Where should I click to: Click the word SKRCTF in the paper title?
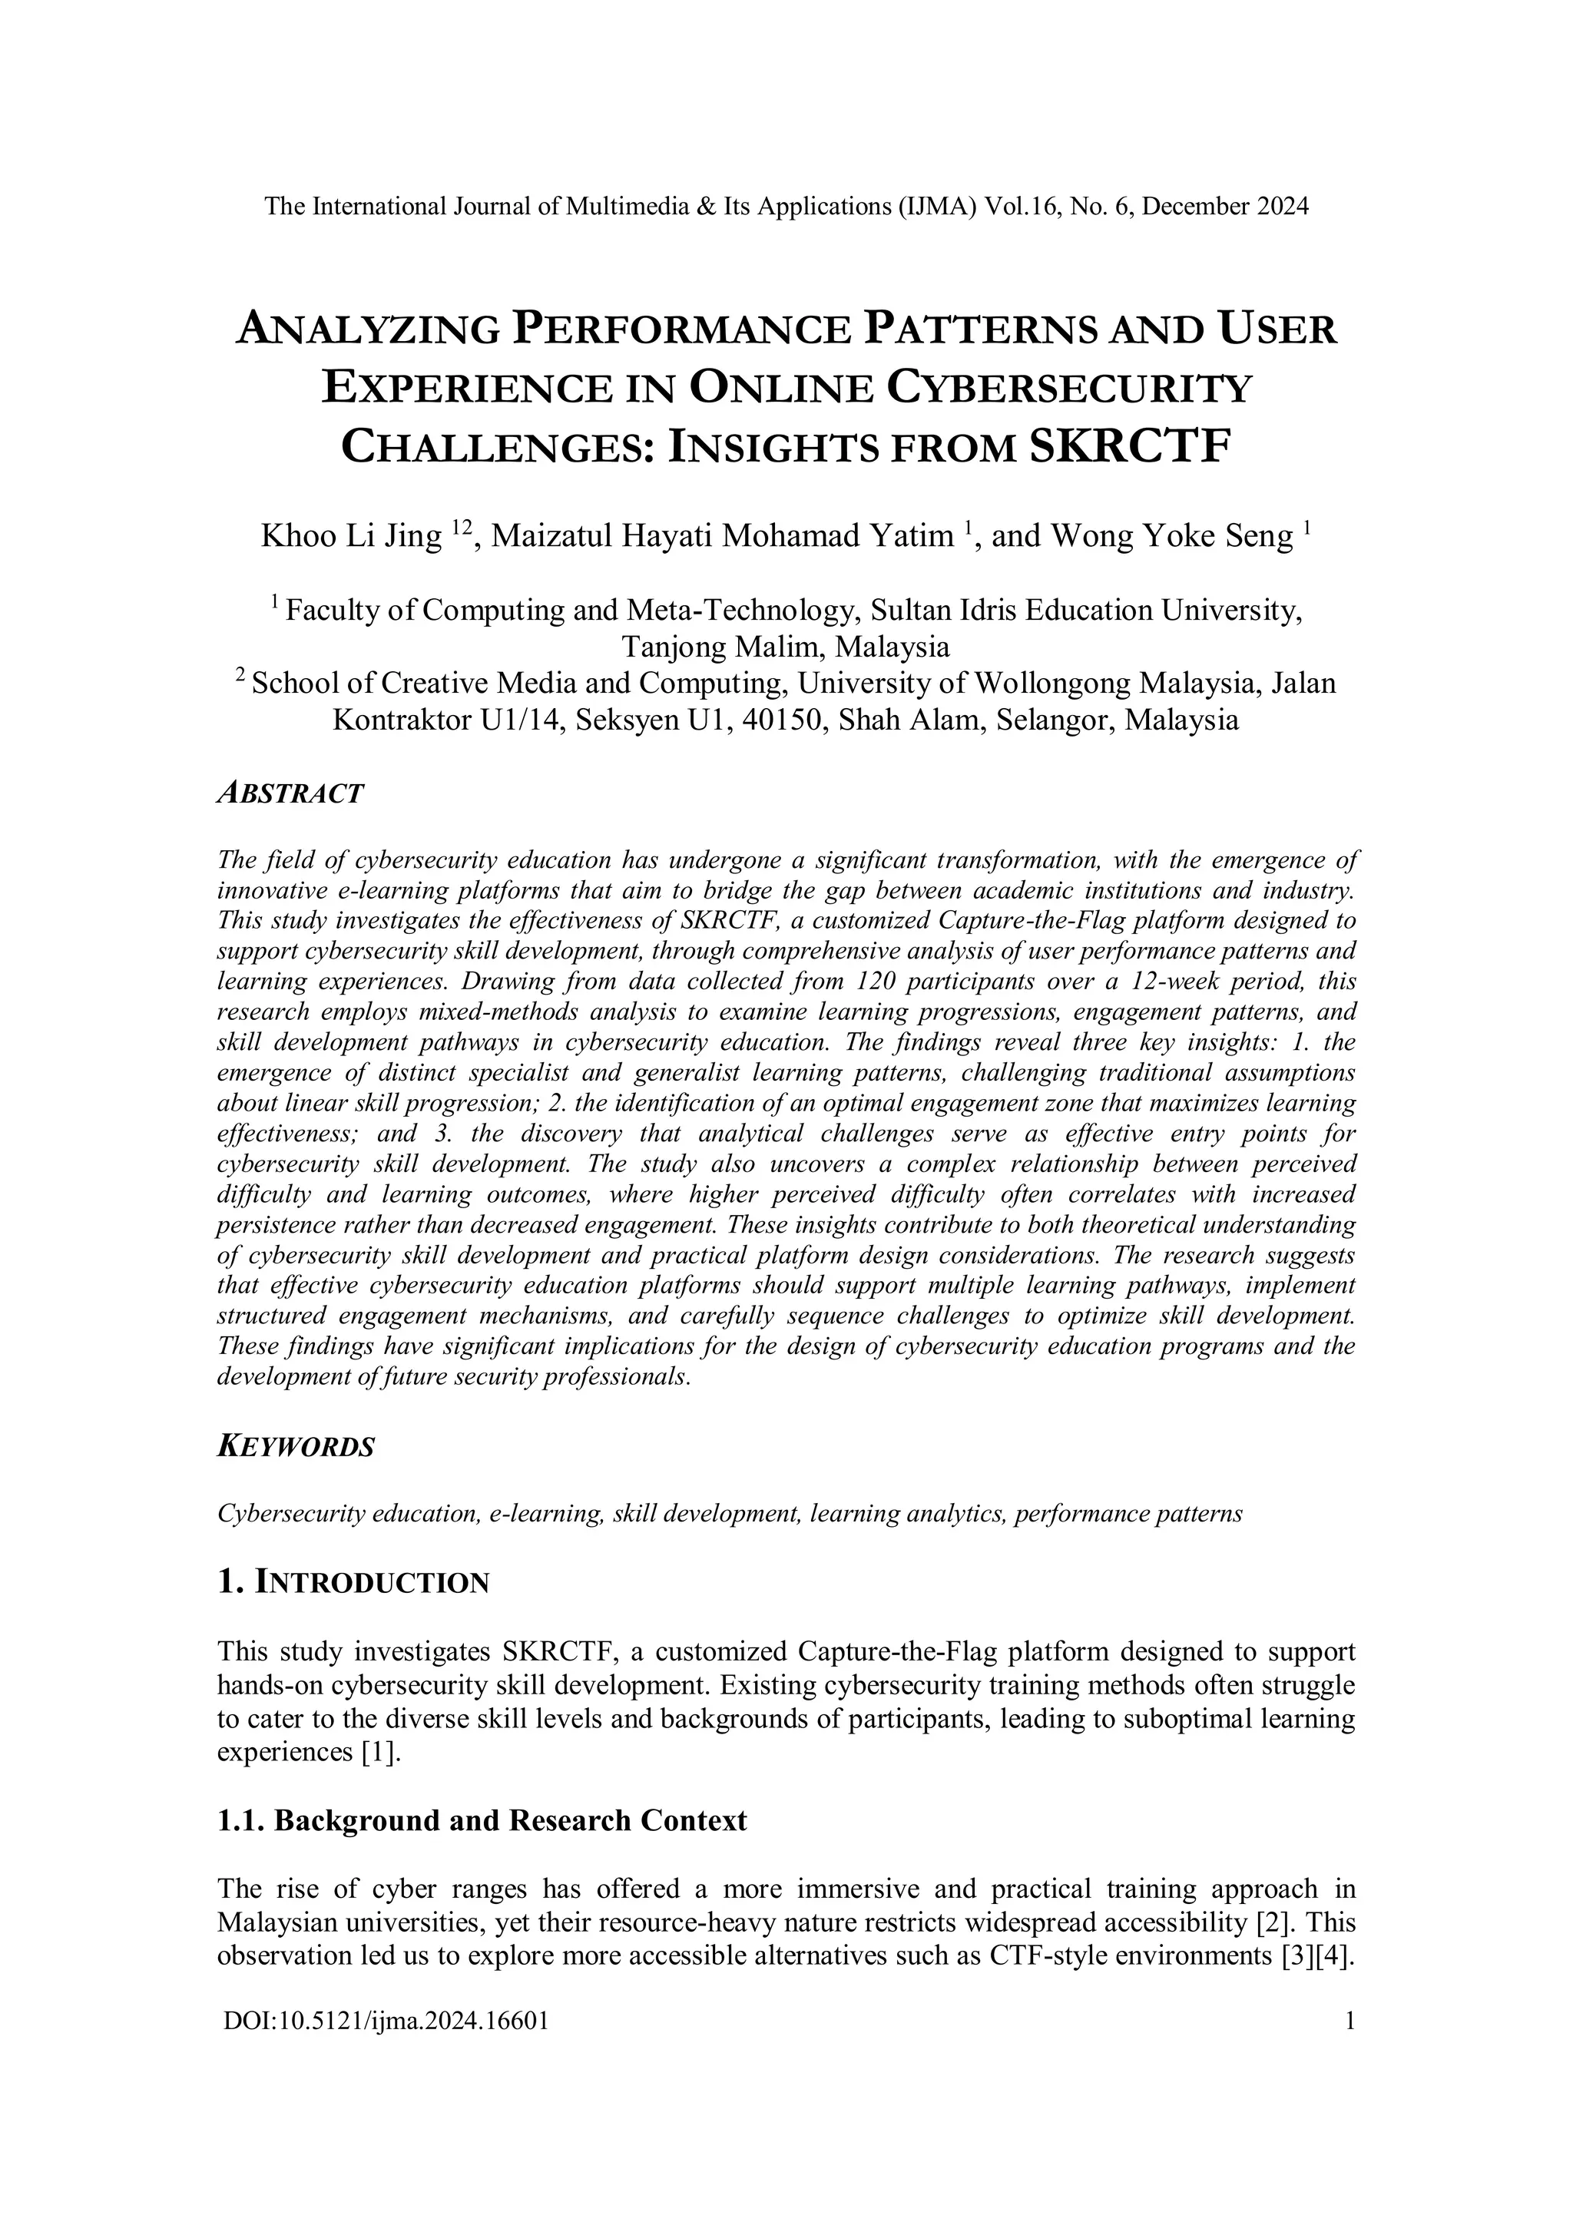pos(1128,448)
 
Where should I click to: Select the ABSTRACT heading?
pos(291,793)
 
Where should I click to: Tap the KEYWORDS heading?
pos(296,1447)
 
